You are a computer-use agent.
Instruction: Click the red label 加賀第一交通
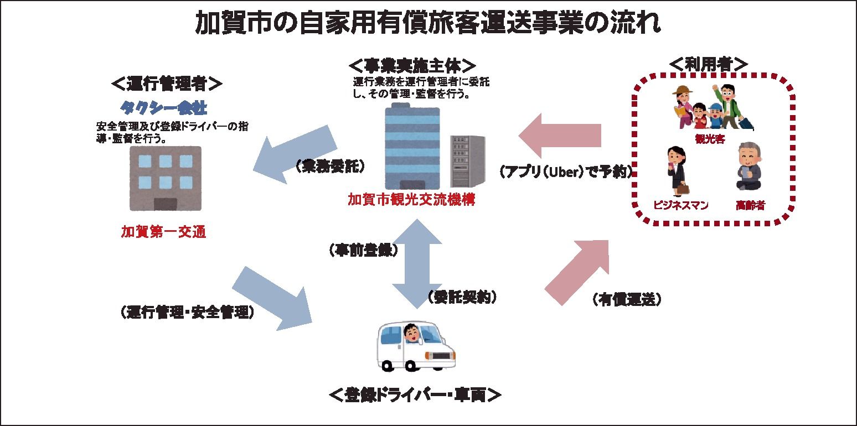(163, 232)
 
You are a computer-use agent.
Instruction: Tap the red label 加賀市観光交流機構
(411, 199)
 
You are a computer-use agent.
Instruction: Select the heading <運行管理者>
(167, 84)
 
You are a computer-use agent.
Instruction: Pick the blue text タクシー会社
(163, 106)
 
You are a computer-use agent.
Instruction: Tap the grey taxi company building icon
(165, 178)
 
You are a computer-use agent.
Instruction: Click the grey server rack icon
(468, 161)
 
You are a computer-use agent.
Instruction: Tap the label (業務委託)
(330, 166)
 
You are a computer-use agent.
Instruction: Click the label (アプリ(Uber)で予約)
(566, 172)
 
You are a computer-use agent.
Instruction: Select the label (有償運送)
(627, 299)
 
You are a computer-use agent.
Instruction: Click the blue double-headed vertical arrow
(416, 263)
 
